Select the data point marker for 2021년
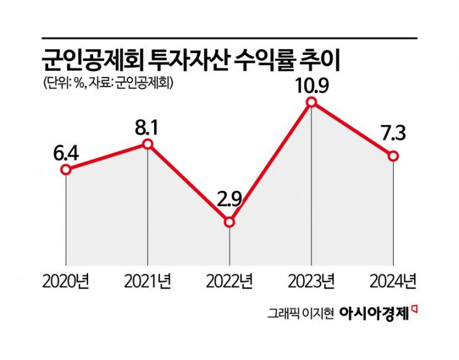147,144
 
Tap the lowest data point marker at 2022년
229,222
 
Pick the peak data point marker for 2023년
312,102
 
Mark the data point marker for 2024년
394,156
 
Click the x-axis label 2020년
66,283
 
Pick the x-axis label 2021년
148,283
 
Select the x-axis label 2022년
230,283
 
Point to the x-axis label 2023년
312,283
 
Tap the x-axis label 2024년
393,283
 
